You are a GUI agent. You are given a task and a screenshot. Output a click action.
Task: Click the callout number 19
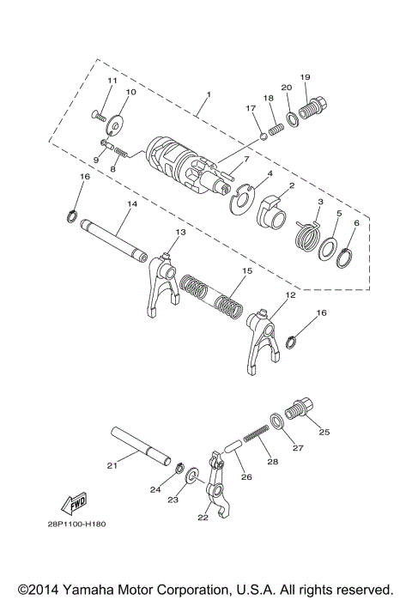[x=305, y=77]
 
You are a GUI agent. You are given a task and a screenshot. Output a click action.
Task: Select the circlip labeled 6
[x=345, y=255]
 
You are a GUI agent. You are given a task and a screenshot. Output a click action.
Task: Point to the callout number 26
[x=245, y=477]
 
